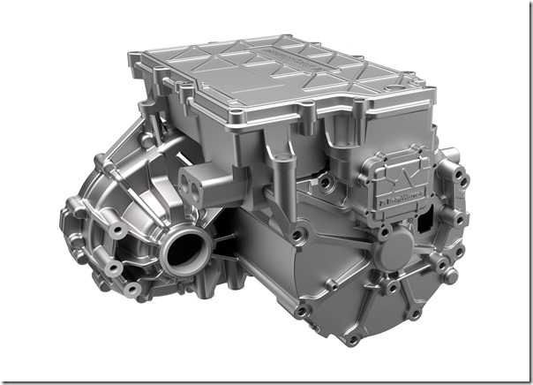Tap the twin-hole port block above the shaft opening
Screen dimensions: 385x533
pyautogui.click(x=198, y=185)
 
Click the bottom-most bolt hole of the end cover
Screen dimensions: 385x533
pyautogui.click(x=351, y=339)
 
